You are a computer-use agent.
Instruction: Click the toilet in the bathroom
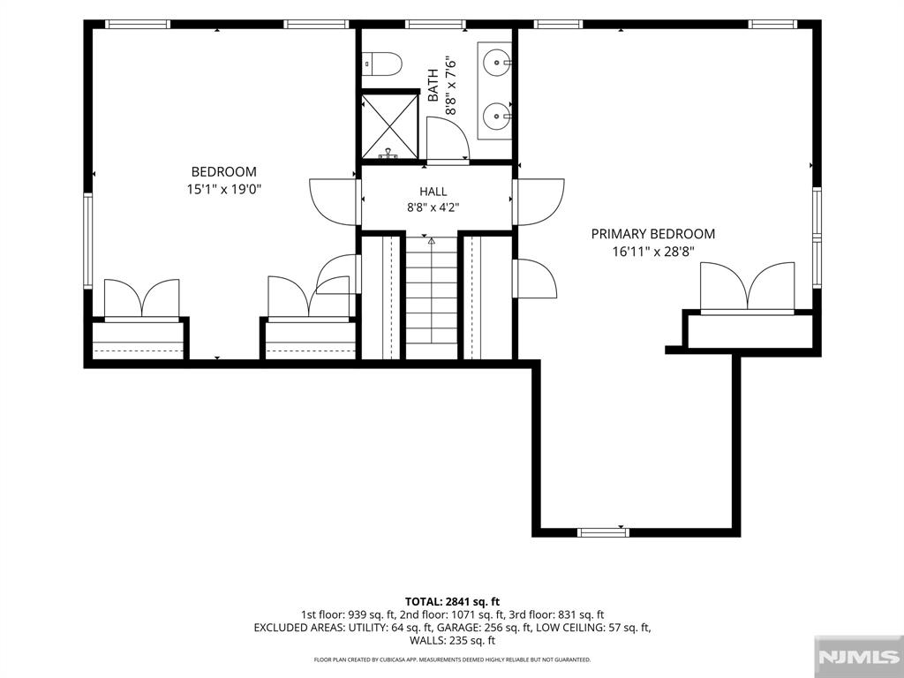point(381,64)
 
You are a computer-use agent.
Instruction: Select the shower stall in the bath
point(389,126)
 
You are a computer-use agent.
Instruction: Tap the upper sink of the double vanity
point(495,60)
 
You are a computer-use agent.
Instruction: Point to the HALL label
point(433,192)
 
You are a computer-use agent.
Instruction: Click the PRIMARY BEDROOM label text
point(652,233)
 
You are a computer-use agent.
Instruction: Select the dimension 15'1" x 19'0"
point(224,189)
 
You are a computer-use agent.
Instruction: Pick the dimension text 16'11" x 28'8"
point(652,252)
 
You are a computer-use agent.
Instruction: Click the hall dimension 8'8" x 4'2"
point(433,207)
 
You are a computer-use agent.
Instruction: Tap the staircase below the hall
point(432,298)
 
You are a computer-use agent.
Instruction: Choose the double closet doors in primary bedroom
point(747,287)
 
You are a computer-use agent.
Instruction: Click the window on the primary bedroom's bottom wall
point(604,532)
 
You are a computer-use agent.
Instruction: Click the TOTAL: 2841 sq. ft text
point(452,602)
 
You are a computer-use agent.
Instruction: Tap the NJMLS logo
point(858,657)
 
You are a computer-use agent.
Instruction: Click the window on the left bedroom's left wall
point(87,240)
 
